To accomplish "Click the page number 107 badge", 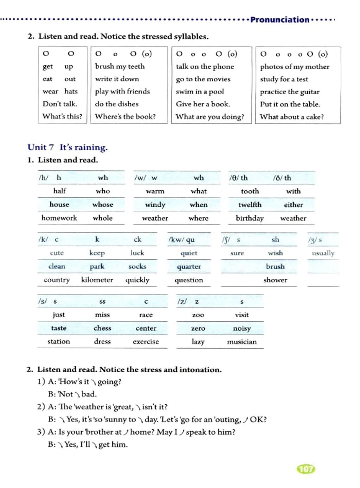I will click(306, 469).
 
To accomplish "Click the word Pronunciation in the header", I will click(280, 20).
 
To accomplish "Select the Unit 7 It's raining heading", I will click(67, 147).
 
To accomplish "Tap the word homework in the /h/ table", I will click(59, 218).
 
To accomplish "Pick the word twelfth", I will click(250, 205).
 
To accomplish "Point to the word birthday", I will click(250, 218).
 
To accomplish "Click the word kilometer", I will click(97, 280).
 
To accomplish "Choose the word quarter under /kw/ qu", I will click(189, 267).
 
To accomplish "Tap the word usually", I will click(323, 253).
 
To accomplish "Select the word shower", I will click(275, 280).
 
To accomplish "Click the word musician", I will click(242, 342).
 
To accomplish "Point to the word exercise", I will click(146, 342).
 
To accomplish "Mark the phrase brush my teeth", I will click(120, 66).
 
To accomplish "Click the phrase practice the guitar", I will click(290, 92).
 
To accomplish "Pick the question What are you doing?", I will click(210, 117).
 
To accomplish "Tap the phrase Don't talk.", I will click(60, 104).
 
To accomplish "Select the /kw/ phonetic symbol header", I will click(176, 240).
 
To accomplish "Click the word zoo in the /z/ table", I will click(198, 315).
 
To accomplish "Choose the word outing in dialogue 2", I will click(227, 419).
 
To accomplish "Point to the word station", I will click(59, 341).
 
